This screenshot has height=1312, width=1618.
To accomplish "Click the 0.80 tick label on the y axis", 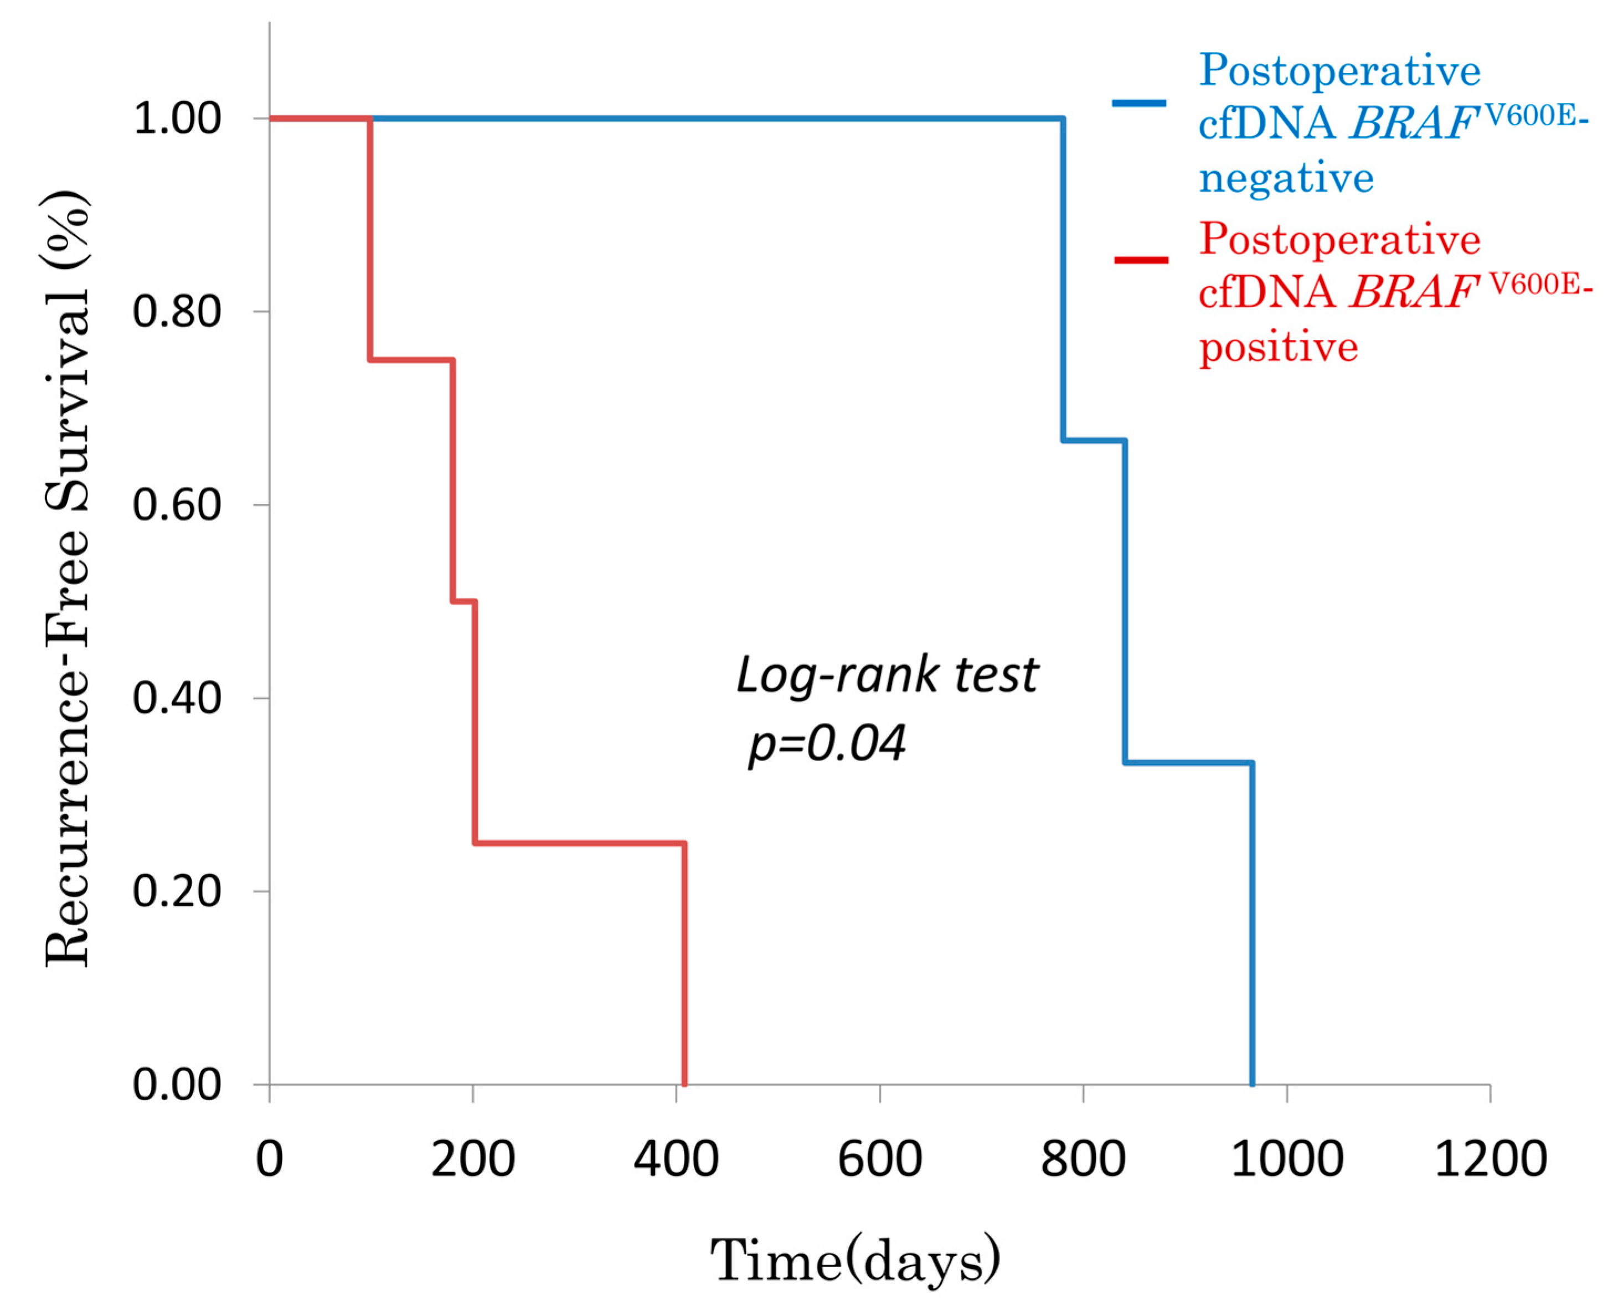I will click(x=176, y=311).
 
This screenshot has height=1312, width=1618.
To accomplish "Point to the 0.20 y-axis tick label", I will click(x=176, y=891).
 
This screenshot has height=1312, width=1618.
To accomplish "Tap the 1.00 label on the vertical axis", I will click(x=176, y=118).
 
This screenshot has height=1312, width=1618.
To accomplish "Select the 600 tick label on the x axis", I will click(x=879, y=1159).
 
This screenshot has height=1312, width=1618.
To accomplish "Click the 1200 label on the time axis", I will click(x=1490, y=1159).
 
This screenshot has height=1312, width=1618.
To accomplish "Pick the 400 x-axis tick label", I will click(x=676, y=1159).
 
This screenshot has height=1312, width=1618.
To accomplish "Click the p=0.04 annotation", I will click(x=826, y=743).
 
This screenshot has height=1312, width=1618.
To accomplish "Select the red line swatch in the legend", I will click(x=1140, y=260).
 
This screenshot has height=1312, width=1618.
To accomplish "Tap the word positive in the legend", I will click(x=1278, y=348).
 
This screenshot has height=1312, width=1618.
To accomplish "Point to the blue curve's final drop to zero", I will click(x=1252, y=922).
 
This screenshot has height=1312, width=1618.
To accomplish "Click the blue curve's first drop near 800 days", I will click(x=1063, y=280).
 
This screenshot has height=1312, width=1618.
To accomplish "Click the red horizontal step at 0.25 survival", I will click(x=579, y=843).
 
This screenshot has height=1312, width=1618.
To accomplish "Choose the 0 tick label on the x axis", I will click(x=269, y=1159).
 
